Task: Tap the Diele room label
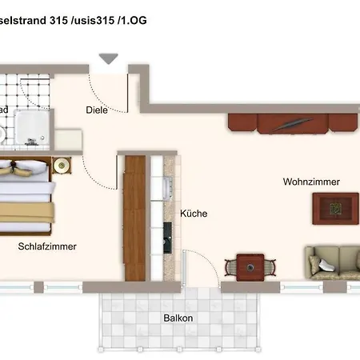[x=97, y=111]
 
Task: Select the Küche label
[x=194, y=214]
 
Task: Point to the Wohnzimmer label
[x=311, y=182]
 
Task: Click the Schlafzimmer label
[x=47, y=246]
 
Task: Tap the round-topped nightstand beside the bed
[x=61, y=166]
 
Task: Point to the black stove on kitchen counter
[x=167, y=233]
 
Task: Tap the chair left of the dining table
[x=230, y=267]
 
